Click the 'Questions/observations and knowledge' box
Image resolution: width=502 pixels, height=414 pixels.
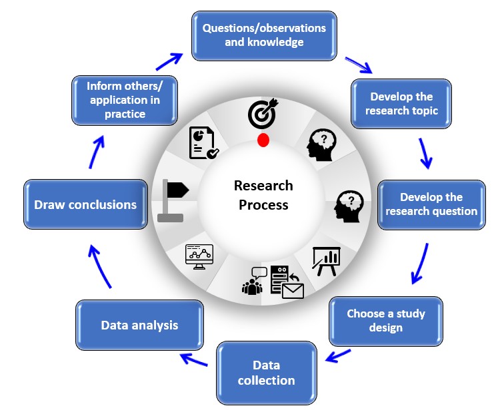click(264, 35)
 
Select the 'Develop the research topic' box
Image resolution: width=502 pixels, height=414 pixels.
click(401, 104)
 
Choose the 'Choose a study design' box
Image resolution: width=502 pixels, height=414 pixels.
click(385, 320)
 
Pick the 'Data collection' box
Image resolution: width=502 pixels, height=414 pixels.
click(265, 373)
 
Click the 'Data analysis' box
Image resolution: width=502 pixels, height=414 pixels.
click(139, 325)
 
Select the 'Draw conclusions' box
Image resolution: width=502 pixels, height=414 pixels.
click(85, 204)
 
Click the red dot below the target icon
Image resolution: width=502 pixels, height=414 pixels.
click(263, 140)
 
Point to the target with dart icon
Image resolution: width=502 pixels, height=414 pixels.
click(261, 113)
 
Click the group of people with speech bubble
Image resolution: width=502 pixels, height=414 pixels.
click(254, 280)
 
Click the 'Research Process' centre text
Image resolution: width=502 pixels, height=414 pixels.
click(263, 195)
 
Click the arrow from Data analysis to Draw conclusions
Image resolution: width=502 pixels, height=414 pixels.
click(101, 267)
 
